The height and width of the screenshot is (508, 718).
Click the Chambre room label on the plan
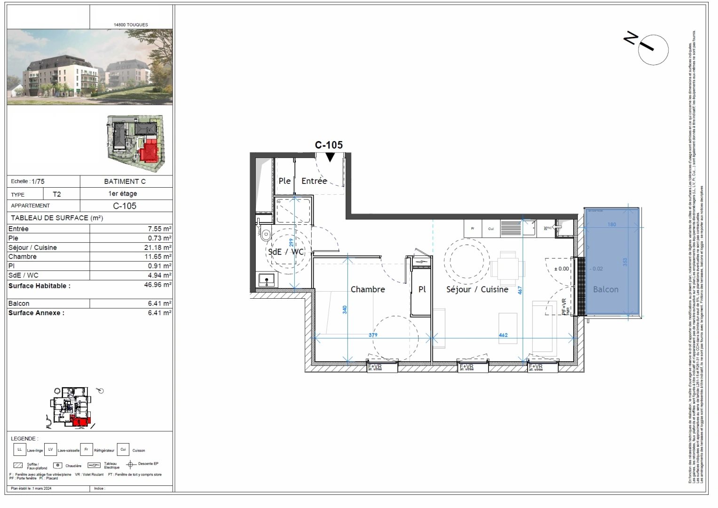[x=368, y=289]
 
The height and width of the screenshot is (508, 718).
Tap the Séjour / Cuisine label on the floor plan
[x=477, y=289]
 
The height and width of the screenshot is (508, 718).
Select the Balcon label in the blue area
[x=606, y=289]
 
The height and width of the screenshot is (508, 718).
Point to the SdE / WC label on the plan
[x=286, y=252]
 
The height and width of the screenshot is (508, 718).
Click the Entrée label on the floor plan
[x=314, y=181]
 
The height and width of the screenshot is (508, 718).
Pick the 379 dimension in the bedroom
[x=373, y=335]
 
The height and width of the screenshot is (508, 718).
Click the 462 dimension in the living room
[x=503, y=335]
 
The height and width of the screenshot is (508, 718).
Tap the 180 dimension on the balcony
[x=612, y=224]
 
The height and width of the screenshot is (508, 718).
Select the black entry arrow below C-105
[x=330, y=157]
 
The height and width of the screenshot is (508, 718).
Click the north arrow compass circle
[x=653, y=49]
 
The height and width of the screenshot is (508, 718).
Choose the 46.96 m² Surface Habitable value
[x=158, y=285]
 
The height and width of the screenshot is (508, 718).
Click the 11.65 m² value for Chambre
[x=158, y=256]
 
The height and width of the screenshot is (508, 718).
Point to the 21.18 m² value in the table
[x=158, y=247]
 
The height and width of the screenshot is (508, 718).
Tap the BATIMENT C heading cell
[x=125, y=181]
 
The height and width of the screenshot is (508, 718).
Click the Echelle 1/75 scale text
[x=28, y=181]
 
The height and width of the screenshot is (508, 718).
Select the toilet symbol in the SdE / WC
[x=266, y=234]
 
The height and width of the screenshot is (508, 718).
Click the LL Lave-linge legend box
[x=20, y=450]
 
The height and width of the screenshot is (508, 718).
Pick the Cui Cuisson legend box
[x=123, y=450]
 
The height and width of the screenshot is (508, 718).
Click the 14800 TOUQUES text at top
[x=131, y=24]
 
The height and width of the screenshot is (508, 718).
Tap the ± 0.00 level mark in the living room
[x=561, y=269]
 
